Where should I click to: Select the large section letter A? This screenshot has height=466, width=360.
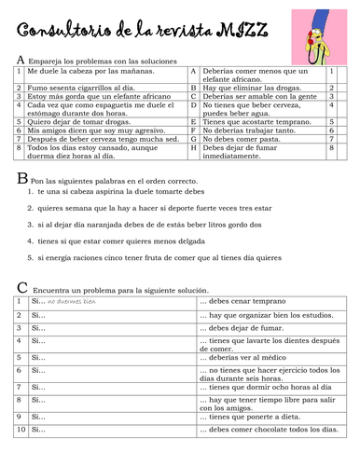[x=21, y=59]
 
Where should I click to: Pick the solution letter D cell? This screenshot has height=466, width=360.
[x=193, y=108]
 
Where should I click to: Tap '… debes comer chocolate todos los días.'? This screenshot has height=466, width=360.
[x=266, y=430]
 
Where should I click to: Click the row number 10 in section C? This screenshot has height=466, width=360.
[x=21, y=430]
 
